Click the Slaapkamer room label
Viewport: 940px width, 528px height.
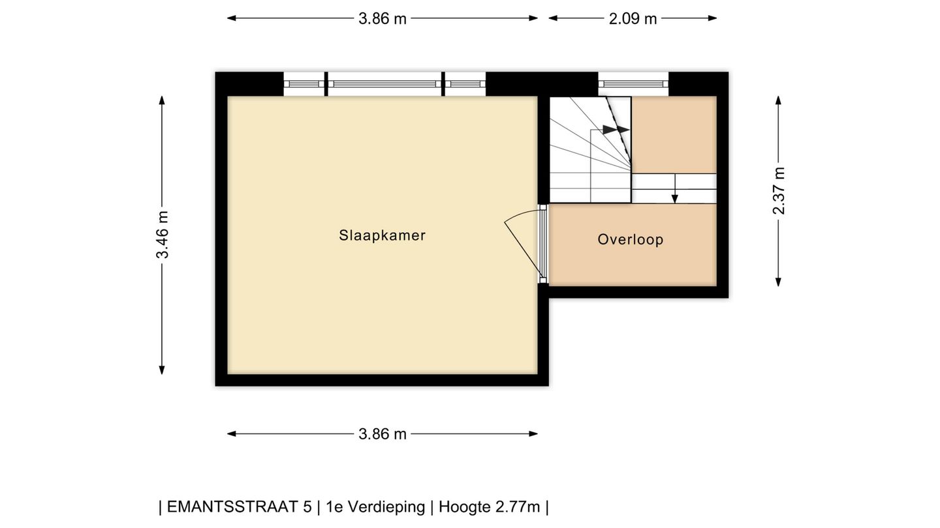tap(382, 235)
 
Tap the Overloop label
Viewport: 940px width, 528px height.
tap(631, 240)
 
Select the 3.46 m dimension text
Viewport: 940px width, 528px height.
tap(162, 235)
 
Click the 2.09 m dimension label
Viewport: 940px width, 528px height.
tap(633, 18)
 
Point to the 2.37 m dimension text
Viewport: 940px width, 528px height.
tap(778, 190)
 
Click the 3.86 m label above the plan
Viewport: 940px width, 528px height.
tap(383, 18)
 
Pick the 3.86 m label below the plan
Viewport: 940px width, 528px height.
tap(383, 433)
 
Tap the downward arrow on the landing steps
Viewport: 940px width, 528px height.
tap(675, 188)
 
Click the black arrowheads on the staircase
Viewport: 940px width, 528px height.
tap(616, 130)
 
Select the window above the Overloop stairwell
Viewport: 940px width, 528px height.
tap(633, 84)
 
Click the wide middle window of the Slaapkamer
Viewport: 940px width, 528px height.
tap(384, 84)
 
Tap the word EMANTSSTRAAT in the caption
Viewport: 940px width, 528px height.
tap(239, 507)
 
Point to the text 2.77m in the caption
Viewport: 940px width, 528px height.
tap(518, 507)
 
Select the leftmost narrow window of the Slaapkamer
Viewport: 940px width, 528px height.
tap(304, 84)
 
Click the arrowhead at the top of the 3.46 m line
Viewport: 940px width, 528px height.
tap(162, 100)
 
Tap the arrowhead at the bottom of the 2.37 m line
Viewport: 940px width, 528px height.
tap(778, 282)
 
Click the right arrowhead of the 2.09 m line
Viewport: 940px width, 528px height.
tap(712, 18)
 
